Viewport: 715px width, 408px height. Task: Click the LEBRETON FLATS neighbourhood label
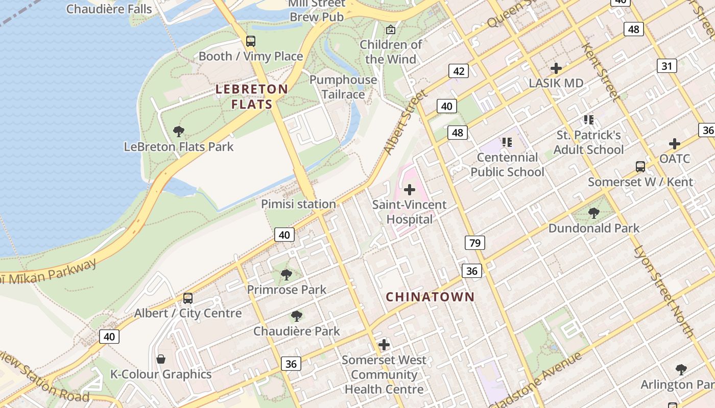pos(252,96)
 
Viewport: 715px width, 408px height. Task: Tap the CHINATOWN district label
pos(430,297)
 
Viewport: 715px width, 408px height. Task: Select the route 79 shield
pos(474,243)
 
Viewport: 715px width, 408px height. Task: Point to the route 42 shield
pos(458,71)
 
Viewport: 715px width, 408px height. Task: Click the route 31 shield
pos(666,66)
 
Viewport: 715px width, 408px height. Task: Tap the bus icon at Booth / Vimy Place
pos(250,41)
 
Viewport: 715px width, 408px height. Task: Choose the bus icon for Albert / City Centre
pos(188,298)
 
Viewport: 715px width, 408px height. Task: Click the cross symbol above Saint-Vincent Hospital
pos(409,190)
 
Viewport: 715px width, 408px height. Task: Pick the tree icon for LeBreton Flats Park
pos(179,132)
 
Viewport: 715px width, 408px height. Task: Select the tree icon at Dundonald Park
pos(593,213)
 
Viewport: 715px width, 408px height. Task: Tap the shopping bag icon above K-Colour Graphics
pos(161,359)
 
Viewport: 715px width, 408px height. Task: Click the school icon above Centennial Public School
pos(507,142)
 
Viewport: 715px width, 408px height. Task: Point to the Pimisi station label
pos(298,204)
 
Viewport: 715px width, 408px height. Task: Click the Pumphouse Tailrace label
pos(343,87)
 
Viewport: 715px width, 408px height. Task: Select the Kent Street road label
pos(600,73)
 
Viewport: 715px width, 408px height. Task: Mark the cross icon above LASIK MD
pos(556,68)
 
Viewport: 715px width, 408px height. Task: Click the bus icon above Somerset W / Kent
pos(640,166)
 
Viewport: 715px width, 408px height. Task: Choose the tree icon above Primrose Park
pos(286,275)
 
